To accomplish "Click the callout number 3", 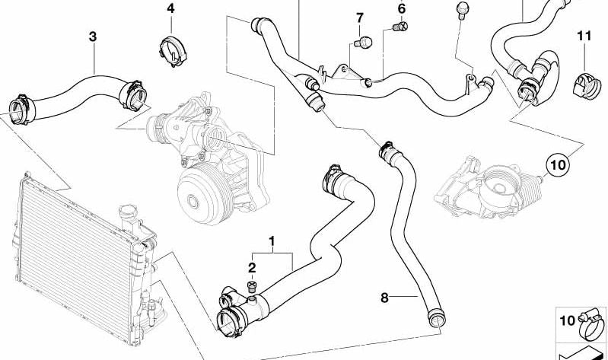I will [93, 35].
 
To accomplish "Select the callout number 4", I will [170, 8].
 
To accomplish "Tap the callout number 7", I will [361, 17].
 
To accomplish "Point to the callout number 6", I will [402, 8].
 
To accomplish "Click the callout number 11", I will [584, 35].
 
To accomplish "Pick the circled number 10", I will [558, 163].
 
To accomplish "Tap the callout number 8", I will [384, 297].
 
